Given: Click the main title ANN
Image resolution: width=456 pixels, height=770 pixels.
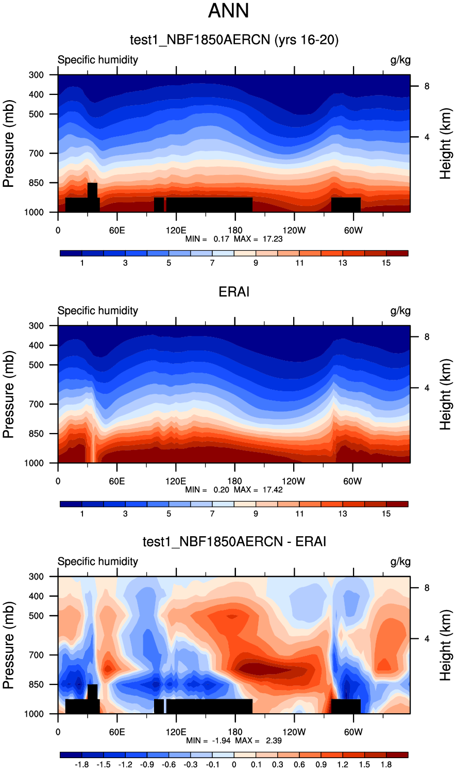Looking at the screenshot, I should pyautogui.click(x=228, y=11).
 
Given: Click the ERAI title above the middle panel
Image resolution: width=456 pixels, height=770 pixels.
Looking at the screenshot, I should pyautogui.click(x=234, y=292).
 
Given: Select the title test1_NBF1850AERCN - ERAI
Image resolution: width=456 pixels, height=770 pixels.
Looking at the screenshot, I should pyautogui.click(x=234, y=541).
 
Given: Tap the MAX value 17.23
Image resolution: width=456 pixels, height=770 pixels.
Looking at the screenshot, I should pyautogui.click(x=272, y=239).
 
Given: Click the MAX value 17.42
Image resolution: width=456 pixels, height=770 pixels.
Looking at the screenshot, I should pyautogui.click(x=272, y=490).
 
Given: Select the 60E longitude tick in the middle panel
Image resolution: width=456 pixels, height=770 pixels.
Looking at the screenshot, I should pyautogui.click(x=117, y=481).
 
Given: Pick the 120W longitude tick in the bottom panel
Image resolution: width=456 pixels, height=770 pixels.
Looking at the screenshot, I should pyautogui.click(x=294, y=732).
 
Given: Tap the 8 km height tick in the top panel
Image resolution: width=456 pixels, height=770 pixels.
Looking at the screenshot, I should pyautogui.click(x=427, y=86).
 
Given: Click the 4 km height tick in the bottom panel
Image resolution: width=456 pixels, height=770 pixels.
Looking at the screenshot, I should pyautogui.click(x=427, y=639).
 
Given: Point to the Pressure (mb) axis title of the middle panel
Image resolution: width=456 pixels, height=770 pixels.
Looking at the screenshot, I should pyautogui.click(x=8, y=394).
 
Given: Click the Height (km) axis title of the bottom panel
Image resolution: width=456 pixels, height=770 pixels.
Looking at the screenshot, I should pyautogui.click(x=446, y=645).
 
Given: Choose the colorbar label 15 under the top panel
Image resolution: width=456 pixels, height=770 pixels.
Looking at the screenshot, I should pyautogui.click(x=386, y=263).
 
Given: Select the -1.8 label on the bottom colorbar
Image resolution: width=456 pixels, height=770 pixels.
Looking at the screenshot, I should pyautogui.click(x=82, y=765).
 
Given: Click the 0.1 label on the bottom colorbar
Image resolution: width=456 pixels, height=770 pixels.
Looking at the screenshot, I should pyautogui.click(x=256, y=765).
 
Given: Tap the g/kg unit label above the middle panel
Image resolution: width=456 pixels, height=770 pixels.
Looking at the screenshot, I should pyautogui.click(x=400, y=311).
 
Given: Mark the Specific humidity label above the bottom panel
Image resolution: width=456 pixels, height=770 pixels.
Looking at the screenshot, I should pyautogui.click(x=98, y=562).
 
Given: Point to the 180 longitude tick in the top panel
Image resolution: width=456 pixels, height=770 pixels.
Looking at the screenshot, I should pyautogui.click(x=234, y=230).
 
